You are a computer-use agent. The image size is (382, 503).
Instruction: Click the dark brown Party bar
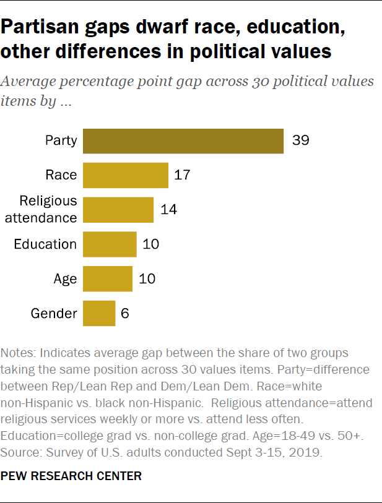tap(183, 140)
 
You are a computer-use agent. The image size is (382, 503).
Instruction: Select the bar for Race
tap(126, 175)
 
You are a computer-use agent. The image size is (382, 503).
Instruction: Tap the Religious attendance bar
tap(118, 209)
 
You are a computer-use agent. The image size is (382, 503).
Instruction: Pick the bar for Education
tap(110, 244)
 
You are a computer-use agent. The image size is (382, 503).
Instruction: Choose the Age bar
tap(108, 278)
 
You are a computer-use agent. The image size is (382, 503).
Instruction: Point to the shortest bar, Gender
tap(99, 313)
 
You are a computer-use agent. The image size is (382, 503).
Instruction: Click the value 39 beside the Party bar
tap(300, 140)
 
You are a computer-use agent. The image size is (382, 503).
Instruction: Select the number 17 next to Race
tap(182, 175)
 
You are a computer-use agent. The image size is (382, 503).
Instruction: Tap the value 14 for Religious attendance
tap(168, 209)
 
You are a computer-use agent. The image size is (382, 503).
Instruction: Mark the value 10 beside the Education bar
tap(151, 244)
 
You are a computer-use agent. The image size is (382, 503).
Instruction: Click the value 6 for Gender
tap(124, 313)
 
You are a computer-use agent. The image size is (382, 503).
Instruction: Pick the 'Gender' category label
tap(54, 313)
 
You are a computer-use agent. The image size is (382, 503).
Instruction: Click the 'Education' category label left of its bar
tap(45, 244)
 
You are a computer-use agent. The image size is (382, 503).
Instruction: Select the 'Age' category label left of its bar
tap(65, 278)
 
